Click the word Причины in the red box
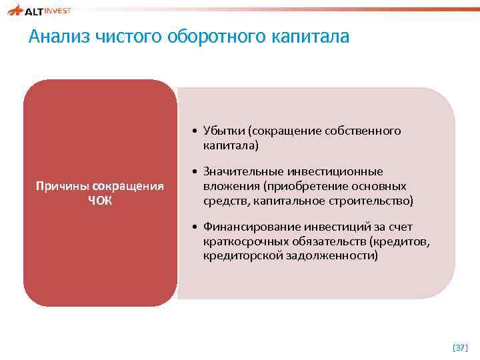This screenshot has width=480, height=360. pyautogui.click(x=63, y=185)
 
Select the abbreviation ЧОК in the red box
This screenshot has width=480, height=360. pyautogui.click(x=100, y=199)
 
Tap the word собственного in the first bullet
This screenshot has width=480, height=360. pyautogui.click(x=363, y=131)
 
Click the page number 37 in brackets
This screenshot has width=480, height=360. pyautogui.click(x=460, y=347)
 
